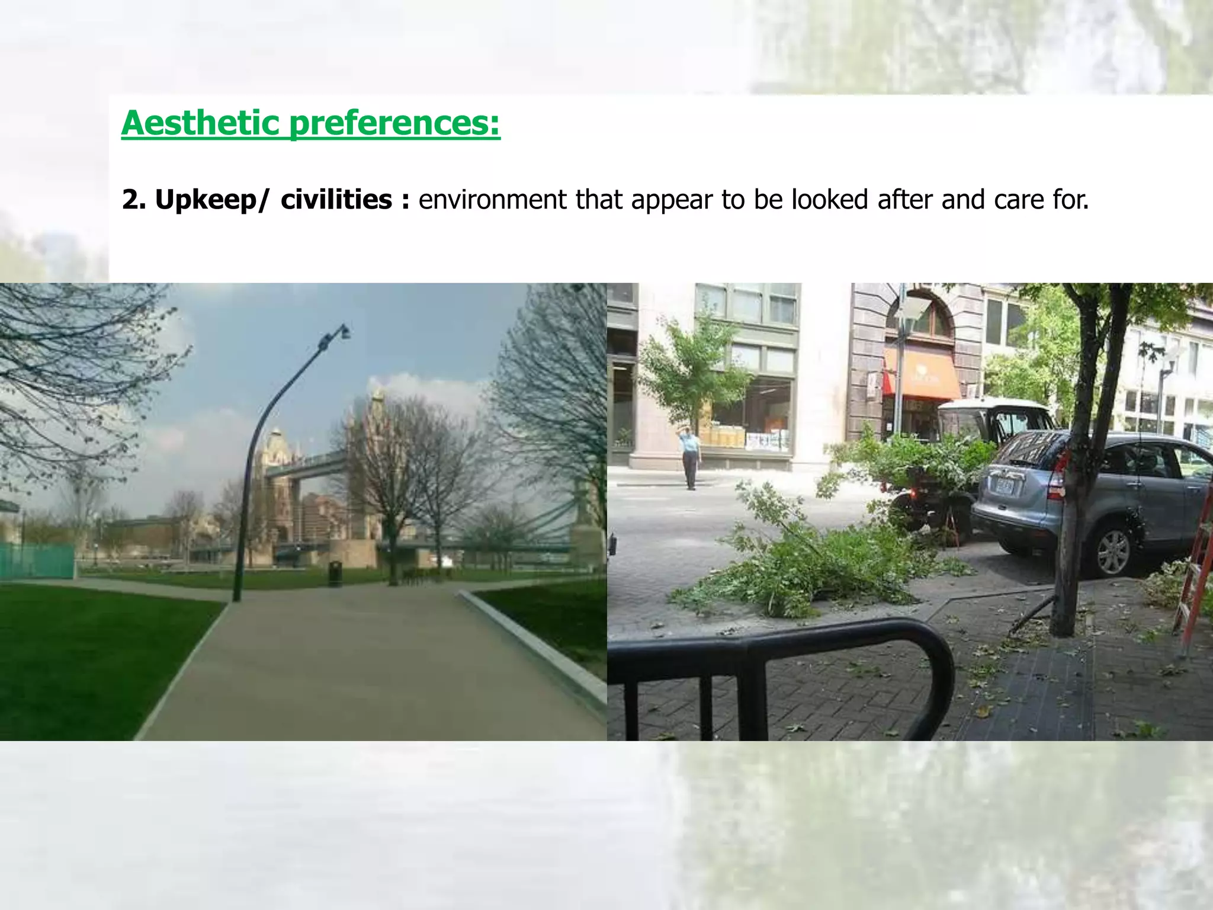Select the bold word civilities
336,200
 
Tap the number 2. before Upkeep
134,200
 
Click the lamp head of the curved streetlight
336,336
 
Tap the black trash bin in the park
335,573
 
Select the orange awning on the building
921,374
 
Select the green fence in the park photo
37,560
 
